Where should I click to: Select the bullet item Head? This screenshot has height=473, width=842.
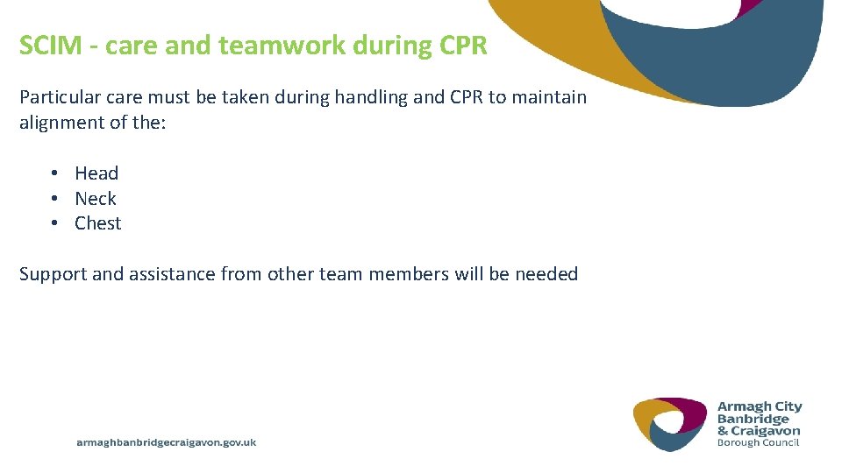click(96, 173)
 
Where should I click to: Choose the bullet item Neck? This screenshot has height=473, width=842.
click(96, 199)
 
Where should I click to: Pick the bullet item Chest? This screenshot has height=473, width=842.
click(98, 223)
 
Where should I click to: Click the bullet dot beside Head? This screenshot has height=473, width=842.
click(54, 173)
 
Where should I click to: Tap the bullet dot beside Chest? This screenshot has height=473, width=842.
click(54, 223)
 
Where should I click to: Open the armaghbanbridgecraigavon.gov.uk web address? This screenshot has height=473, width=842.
click(167, 443)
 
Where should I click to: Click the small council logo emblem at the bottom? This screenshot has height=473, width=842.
click(670, 423)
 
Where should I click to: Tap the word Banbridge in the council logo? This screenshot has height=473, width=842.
click(753, 419)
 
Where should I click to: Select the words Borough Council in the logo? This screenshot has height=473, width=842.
click(758, 442)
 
